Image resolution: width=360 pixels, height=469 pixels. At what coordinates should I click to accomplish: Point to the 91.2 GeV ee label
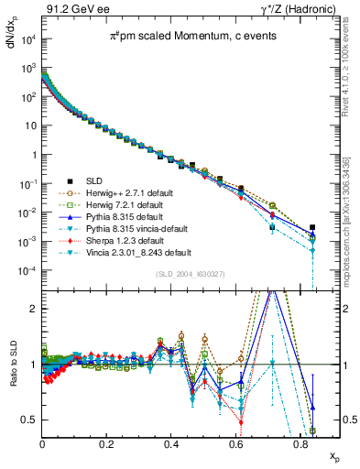click(72, 8)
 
